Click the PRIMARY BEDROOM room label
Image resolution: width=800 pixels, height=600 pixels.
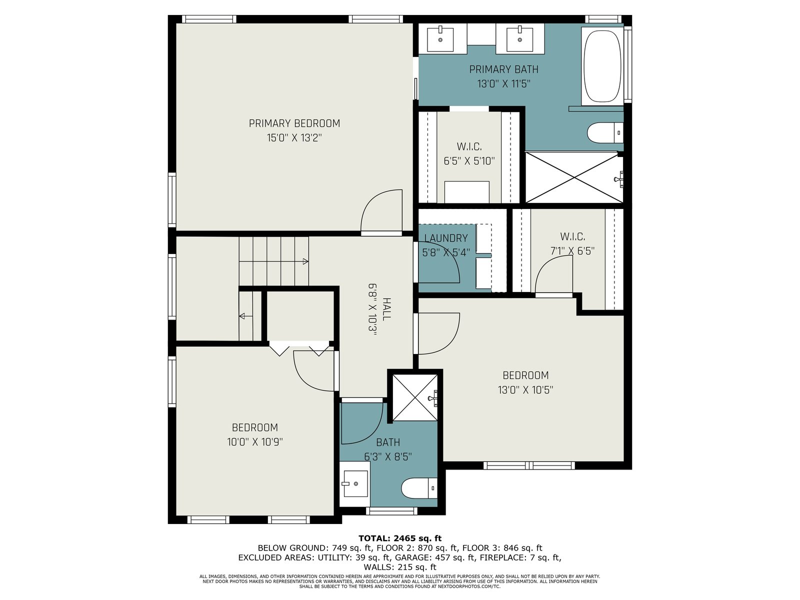pyautogui.click(x=294, y=123)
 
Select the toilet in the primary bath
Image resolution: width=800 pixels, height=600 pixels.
pyautogui.click(x=605, y=132)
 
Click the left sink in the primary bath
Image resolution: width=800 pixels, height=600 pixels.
pyautogui.click(x=440, y=38)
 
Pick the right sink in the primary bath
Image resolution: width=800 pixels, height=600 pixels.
pyautogui.click(x=519, y=38)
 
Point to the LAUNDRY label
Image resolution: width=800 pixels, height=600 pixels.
pyautogui.click(x=445, y=238)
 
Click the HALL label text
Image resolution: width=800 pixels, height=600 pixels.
pyautogui.click(x=386, y=309)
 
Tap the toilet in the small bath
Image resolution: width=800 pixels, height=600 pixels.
pyautogui.click(x=419, y=488)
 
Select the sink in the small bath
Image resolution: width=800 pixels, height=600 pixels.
pyautogui.click(x=354, y=483)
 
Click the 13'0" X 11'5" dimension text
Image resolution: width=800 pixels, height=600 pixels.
pyautogui.click(x=503, y=84)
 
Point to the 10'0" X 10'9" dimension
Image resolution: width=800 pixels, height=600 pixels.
pyautogui.click(x=255, y=442)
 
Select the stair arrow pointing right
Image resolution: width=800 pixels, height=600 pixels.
pyautogui.click(x=273, y=261)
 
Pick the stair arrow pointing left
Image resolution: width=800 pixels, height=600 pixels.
pyautogui.click(x=246, y=315)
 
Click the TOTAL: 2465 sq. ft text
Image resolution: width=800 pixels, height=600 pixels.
pyautogui.click(x=400, y=538)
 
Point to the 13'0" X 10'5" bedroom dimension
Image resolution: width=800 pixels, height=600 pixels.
pyautogui.click(x=525, y=390)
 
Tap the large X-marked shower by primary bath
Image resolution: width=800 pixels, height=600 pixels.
pyautogui.click(x=574, y=177)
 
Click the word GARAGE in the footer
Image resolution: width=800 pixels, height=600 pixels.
pyautogui.click(x=411, y=557)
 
